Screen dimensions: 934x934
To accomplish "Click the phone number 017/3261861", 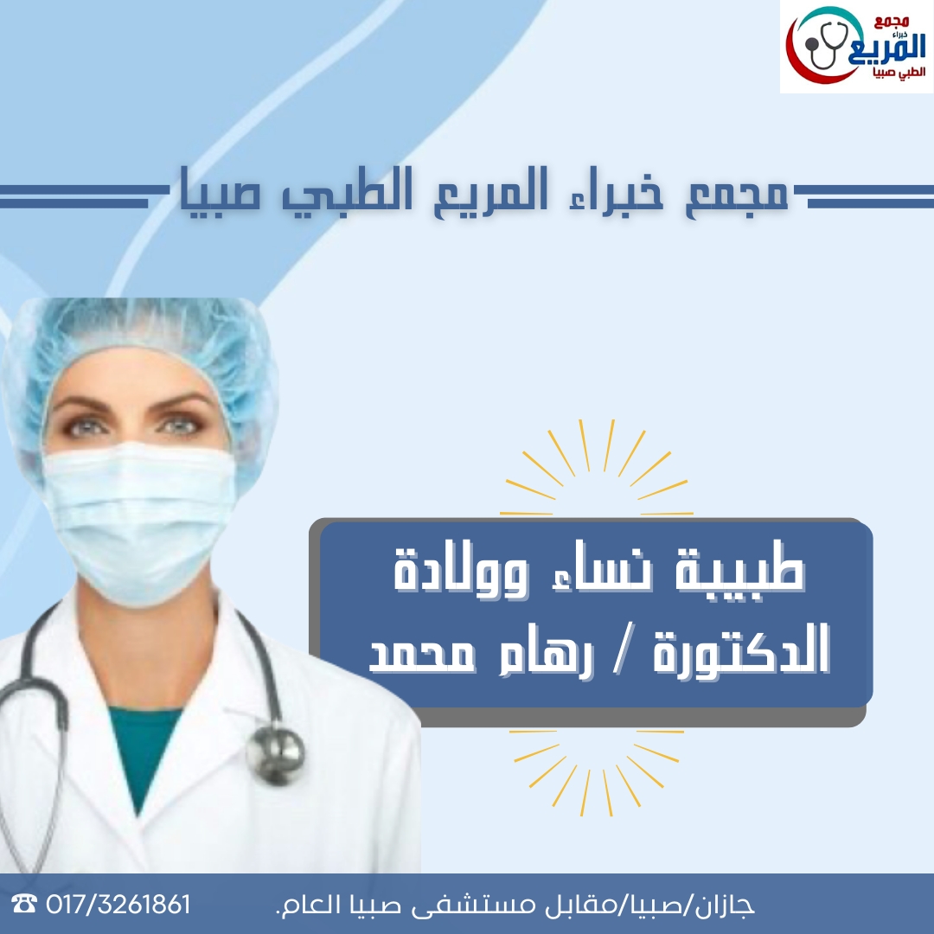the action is pos(118,905).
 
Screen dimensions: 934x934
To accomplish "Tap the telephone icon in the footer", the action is pos(24,904).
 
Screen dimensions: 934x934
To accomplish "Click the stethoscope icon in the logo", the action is pos(826,45).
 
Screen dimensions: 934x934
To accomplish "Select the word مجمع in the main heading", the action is pos(737,192).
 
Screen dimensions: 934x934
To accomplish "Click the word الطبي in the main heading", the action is pos(348,192).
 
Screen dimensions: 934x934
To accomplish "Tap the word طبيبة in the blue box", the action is pos(739,570).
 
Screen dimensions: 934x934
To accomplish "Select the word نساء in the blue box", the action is pos(603,573).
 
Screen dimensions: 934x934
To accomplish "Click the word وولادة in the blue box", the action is pos(461,570).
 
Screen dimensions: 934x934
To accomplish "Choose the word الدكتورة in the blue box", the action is pos(741,649).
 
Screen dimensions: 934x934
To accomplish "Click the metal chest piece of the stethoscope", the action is pos(276,753).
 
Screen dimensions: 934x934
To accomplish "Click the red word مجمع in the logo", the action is pos(891,22).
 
